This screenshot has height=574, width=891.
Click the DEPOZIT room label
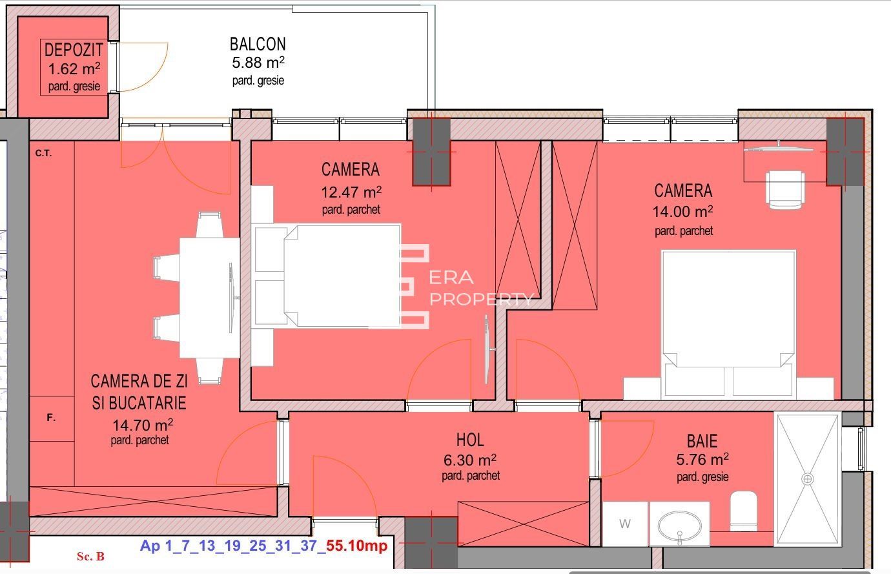(x=74, y=50)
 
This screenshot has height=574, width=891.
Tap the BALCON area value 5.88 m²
(x=258, y=63)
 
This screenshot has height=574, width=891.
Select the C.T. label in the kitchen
(x=43, y=153)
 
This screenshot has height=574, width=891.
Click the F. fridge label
(x=51, y=418)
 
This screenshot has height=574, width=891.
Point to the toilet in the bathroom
(x=743, y=510)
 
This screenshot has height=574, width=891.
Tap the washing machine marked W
(x=624, y=524)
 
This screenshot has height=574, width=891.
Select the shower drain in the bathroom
(x=808, y=479)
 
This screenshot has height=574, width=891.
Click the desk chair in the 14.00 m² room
(x=785, y=188)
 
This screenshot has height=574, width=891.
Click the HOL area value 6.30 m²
(x=469, y=460)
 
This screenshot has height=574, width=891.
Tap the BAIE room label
(x=702, y=441)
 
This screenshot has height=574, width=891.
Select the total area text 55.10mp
(x=357, y=546)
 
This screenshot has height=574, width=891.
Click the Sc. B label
(x=90, y=556)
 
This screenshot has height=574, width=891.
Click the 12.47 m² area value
(x=351, y=192)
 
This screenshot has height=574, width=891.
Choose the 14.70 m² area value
(x=141, y=425)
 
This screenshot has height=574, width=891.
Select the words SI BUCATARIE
(x=139, y=403)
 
